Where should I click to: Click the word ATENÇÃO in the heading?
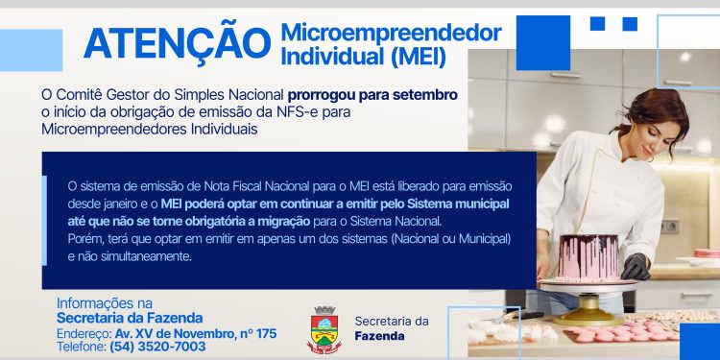(x=176, y=43)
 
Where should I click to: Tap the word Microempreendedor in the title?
(x=391, y=32)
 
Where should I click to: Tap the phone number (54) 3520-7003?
(x=157, y=347)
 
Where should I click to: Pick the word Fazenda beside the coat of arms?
(x=379, y=336)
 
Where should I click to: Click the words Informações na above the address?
(x=105, y=302)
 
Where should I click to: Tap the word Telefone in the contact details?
(x=81, y=347)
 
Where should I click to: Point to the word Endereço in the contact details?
(x=84, y=333)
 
